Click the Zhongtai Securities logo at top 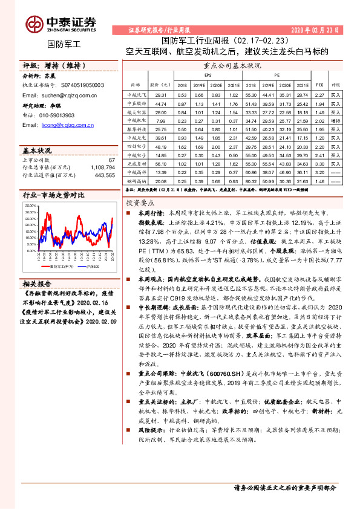coord(61,24)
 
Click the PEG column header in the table coord(319,85)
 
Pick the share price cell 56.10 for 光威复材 coord(160,163)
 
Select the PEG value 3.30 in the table coord(319,163)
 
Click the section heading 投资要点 coord(142,204)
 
